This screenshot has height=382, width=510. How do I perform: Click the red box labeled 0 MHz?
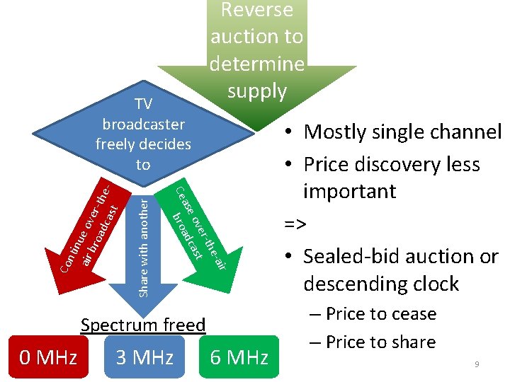coord(48,357)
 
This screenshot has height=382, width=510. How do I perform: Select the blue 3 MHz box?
coord(144,357)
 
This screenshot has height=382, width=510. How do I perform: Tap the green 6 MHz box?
coord(239,357)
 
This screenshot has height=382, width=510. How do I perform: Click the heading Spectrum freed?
coord(143,325)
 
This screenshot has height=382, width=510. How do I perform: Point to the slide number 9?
coord(477,364)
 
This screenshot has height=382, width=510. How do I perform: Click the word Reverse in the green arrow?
coord(256,10)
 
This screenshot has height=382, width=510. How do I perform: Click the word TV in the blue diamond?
coord(143,105)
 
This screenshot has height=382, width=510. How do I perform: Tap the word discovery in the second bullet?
coord(390,165)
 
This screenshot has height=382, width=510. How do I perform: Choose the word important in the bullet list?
coord(349,192)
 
